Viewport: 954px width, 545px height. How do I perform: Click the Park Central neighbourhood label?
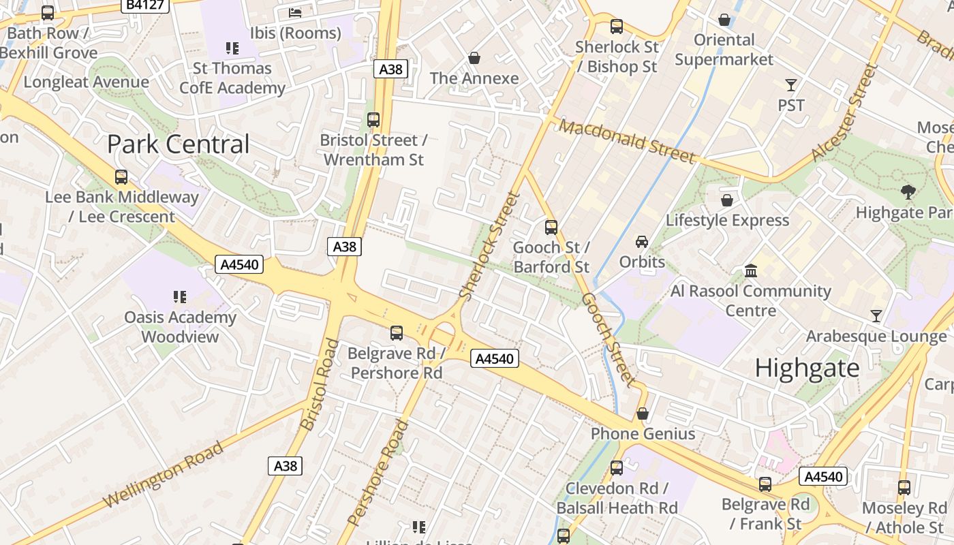[x=179, y=144]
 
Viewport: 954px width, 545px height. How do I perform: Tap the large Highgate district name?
[x=807, y=369]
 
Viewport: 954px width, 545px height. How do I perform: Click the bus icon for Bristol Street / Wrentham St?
[x=373, y=120]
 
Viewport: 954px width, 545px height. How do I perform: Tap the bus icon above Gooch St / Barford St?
[x=551, y=227]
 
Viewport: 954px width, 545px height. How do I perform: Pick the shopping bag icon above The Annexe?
[x=474, y=59]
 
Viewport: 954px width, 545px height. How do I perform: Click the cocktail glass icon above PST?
[x=791, y=85]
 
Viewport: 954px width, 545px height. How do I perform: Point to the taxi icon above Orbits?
[x=642, y=242]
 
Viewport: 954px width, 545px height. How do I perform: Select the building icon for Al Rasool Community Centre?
[x=751, y=271]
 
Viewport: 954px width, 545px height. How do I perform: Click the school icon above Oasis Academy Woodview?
[x=180, y=297]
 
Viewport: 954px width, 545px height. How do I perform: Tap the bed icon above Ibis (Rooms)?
[x=295, y=12]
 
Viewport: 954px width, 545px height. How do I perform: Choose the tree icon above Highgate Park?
[x=908, y=192]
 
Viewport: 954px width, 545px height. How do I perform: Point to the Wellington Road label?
[x=163, y=475]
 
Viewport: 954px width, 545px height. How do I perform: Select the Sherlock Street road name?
[x=490, y=246]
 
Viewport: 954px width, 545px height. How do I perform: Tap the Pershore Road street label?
[x=378, y=473]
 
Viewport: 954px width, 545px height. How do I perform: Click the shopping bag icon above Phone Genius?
[x=643, y=414]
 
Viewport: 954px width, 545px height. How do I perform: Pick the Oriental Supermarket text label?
[x=724, y=50]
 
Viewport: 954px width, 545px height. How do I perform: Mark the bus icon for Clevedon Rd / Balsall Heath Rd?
[x=617, y=468]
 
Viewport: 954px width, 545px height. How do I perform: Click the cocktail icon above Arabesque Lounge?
[x=876, y=316]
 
